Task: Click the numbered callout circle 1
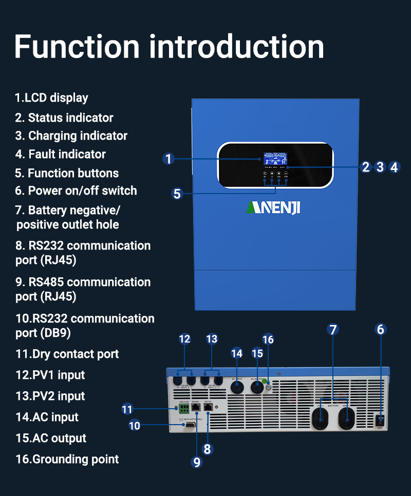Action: (168, 159)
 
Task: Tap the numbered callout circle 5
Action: (177, 194)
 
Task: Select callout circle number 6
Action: (381, 329)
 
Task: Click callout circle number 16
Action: (268, 339)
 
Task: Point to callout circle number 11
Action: (127, 409)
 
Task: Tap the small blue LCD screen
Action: (275, 159)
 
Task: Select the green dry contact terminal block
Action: (183, 409)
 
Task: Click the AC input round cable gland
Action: (237, 389)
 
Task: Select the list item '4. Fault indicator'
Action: (60, 154)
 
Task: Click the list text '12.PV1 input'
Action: (50, 375)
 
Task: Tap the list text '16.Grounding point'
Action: (67, 459)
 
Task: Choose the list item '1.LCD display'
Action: (51, 98)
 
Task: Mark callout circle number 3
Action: (380, 167)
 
